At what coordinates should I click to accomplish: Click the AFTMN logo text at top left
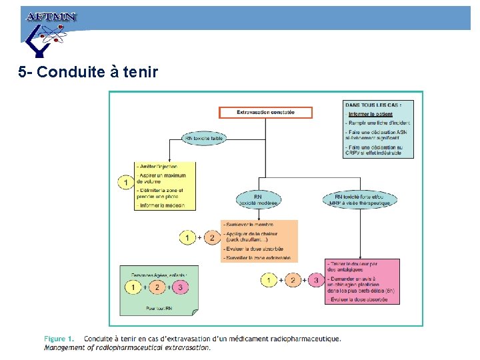pyautogui.click(x=51, y=17)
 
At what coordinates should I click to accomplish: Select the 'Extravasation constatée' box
pyautogui.click(x=265, y=113)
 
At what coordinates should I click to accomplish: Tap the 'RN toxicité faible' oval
pyautogui.click(x=204, y=139)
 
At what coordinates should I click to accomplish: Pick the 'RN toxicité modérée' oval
pyautogui.click(x=258, y=199)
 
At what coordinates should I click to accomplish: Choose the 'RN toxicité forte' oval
pyautogui.click(x=359, y=199)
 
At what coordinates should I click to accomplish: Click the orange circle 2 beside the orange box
pyautogui.click(x=211, y=237)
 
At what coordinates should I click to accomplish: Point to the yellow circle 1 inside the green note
pyautogui.click(x=134, y=287)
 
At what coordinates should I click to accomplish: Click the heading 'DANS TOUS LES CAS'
pyautogui.click(x=369, y=104)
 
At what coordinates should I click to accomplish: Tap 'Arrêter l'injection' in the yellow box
pyautogui.click(x=157, y=166)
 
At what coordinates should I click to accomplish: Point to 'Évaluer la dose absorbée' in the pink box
pyautogui.click(x=359, y=299)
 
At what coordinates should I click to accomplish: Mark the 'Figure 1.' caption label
pyautogui.click(x=59, y=339)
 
